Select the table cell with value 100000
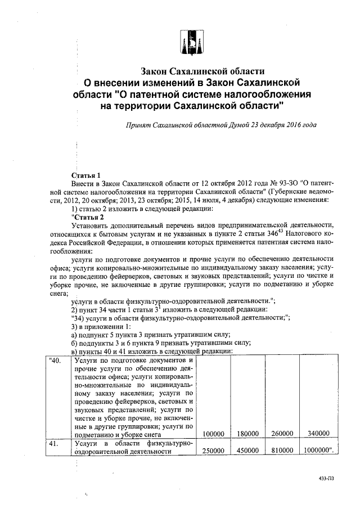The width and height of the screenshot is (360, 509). [x=214, y=434]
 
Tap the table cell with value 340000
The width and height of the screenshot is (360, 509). [x=318, y=434]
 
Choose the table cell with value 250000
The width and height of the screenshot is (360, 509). [x=214, y=451]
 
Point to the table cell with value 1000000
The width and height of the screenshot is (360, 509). [x=319, y=451]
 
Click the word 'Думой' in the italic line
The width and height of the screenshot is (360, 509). [x=240, y=124]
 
